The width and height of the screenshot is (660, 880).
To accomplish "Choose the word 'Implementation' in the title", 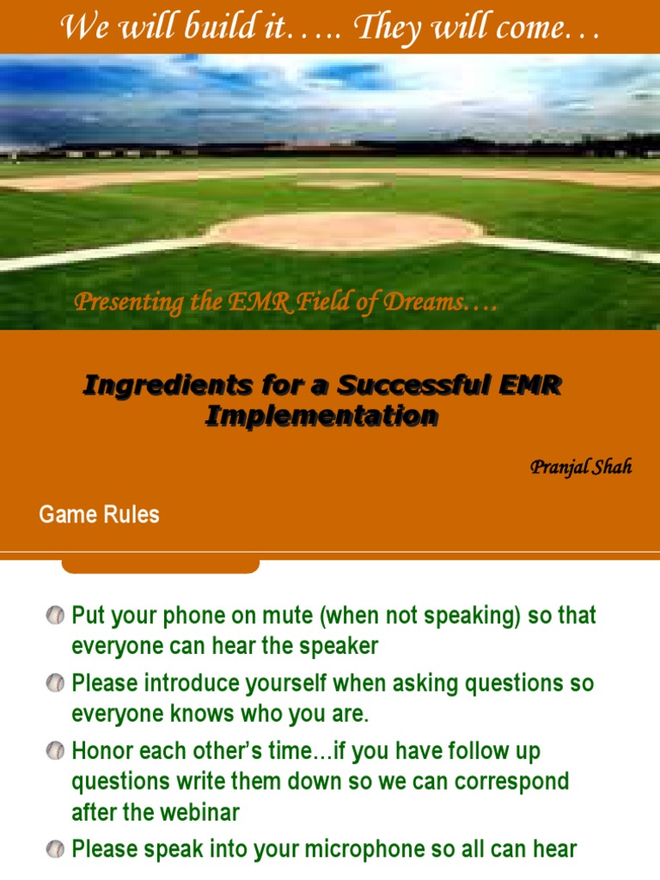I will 321,416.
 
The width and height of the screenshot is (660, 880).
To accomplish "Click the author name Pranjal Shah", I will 581,467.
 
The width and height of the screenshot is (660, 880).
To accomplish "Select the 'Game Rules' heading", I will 99,515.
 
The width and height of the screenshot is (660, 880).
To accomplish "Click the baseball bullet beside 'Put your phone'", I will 55,615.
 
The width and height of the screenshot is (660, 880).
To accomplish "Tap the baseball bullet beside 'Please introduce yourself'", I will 55,683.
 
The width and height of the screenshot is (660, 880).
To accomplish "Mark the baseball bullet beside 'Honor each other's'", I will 55,751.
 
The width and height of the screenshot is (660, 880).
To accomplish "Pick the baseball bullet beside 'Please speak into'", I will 55,849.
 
